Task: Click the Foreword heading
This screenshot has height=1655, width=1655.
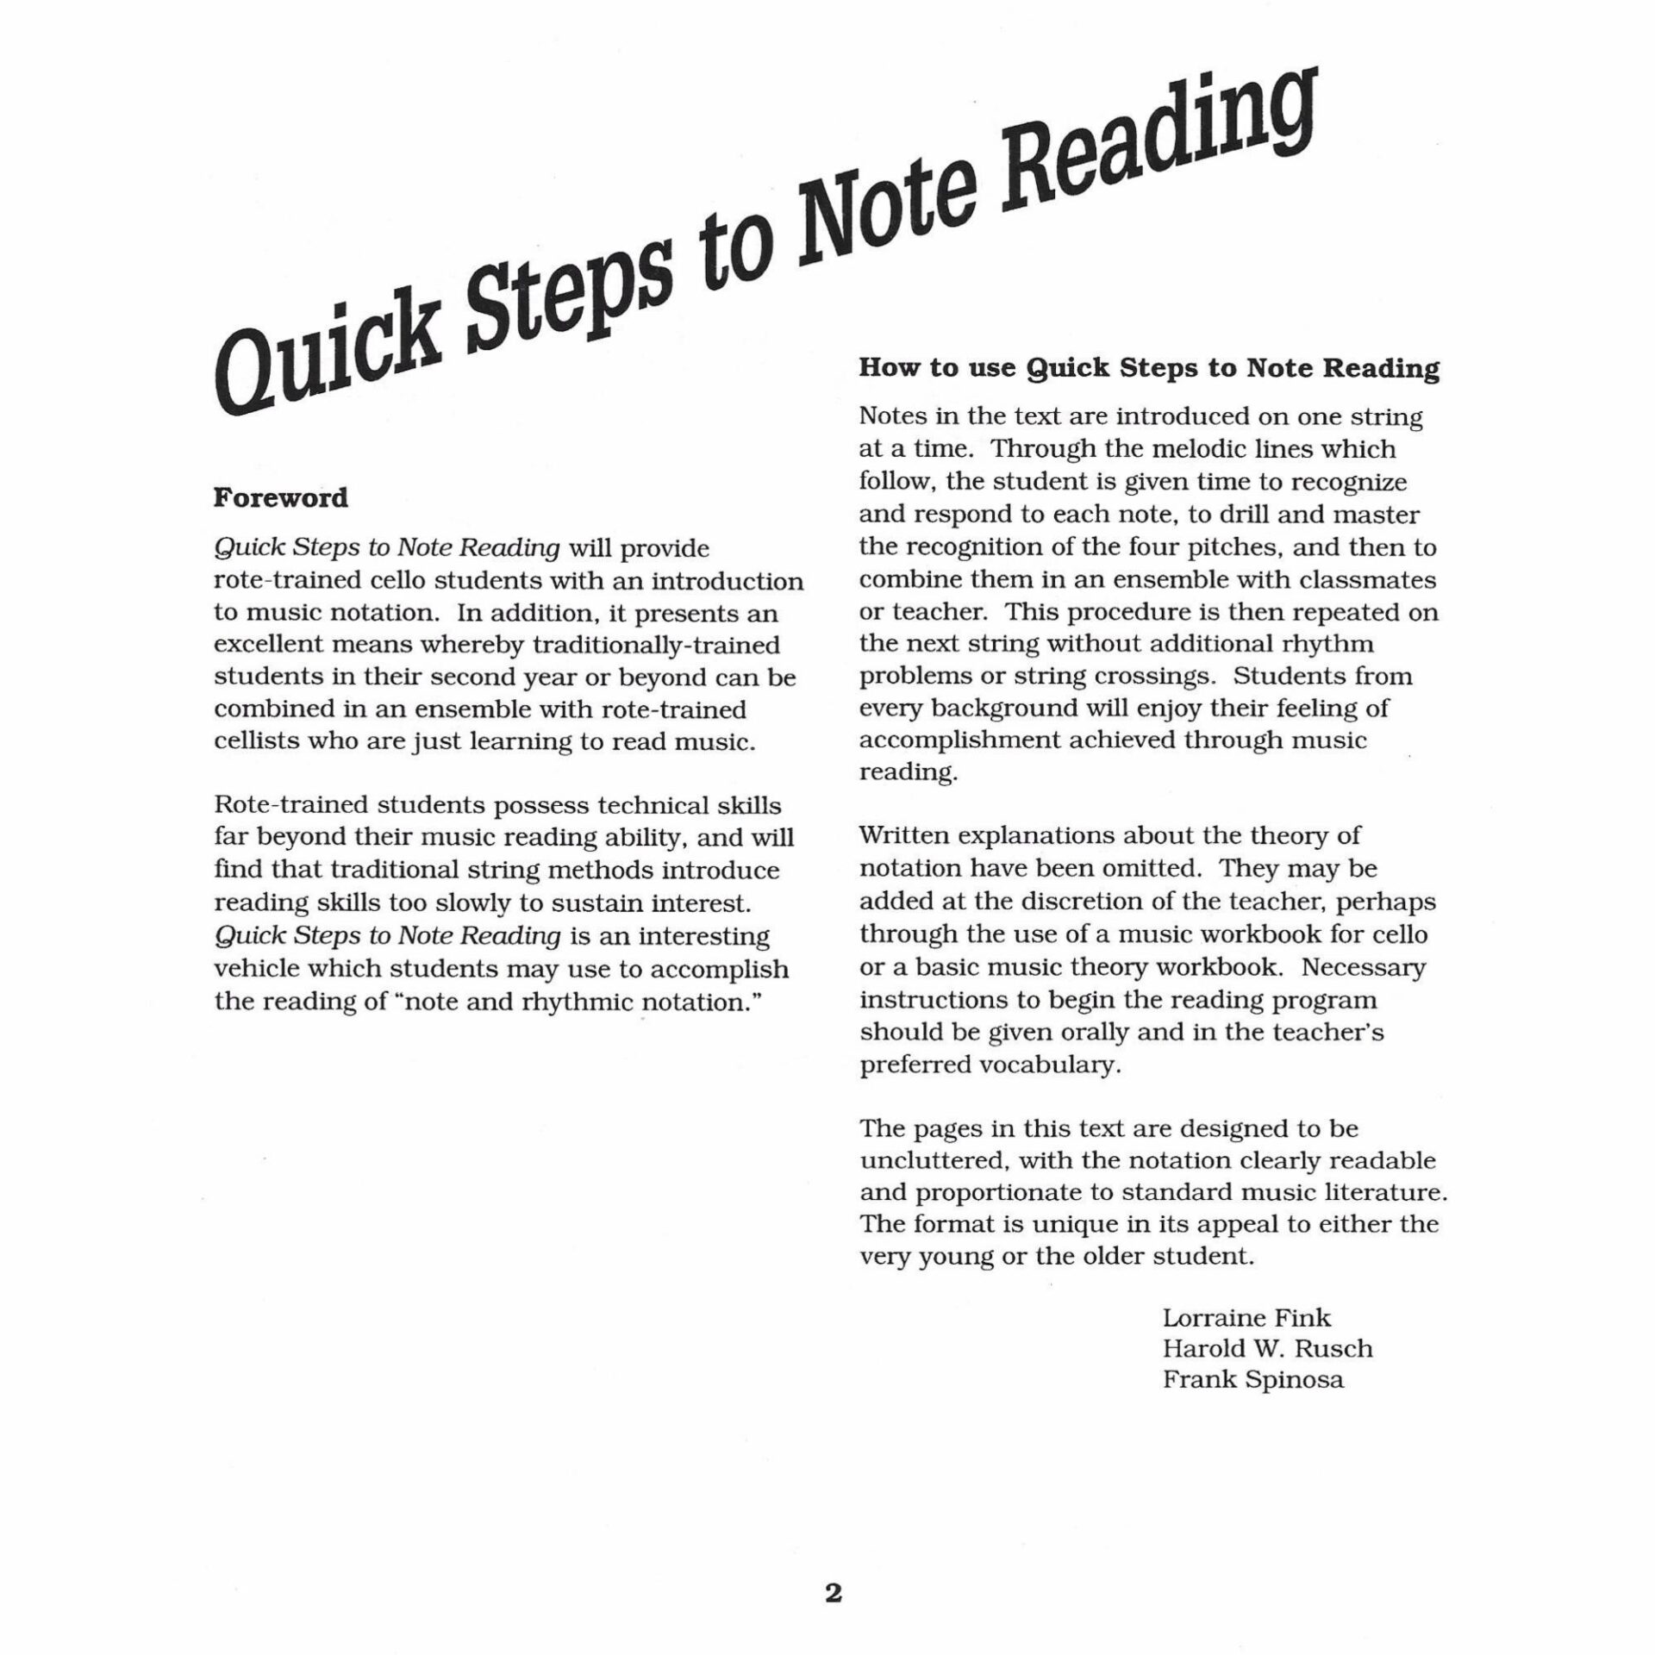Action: (x=281, y=498)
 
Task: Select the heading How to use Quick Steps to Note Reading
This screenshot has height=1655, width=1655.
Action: (x=1149, y=369)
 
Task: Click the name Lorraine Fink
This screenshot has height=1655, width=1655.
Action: (x=1246, y=1318)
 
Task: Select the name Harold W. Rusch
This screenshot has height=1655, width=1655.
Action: (x=1267, y=1349)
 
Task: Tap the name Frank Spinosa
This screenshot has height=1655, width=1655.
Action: (x=1252, y=1380)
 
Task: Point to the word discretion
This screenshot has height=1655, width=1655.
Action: (x=1098, y=902)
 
